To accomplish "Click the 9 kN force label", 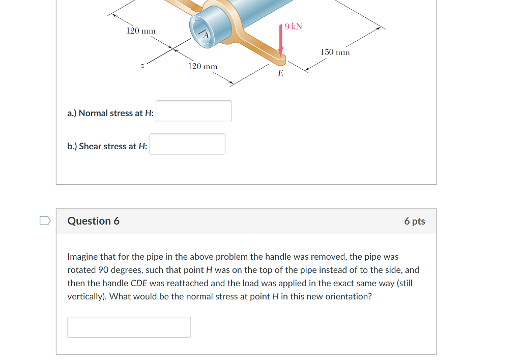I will coord(294,26).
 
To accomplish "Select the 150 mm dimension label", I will coord(335,52).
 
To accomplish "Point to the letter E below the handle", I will coord(280,73).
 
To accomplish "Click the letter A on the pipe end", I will coord(206,35).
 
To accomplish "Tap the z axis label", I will coord(142,66).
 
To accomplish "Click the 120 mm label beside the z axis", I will coord(141,31).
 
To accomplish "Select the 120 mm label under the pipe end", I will coord(202,67).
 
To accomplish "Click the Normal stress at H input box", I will coord(194,111).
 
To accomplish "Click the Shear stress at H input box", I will coord(187,144).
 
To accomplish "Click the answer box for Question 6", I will coord(129,327).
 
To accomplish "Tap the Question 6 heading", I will coord(94,221).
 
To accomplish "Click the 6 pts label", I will coord(415,221).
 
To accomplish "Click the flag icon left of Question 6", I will coord(45,220).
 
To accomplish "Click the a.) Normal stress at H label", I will coord(110,113).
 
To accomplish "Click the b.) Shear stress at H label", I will coord(107,146).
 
